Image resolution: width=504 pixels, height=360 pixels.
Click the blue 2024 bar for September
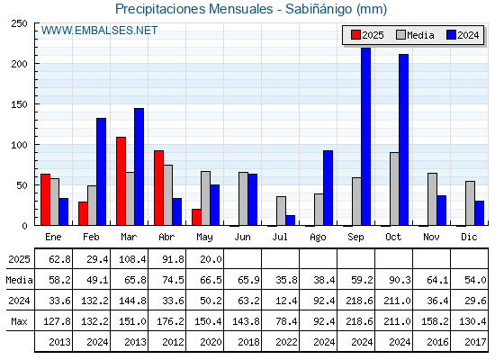coord(365,137)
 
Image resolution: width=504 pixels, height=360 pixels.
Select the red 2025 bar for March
coord(121,181)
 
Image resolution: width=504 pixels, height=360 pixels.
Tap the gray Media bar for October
coord(394,189)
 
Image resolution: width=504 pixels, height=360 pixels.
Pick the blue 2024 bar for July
coord(290,220)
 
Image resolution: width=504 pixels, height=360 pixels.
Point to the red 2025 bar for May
coord(196,217)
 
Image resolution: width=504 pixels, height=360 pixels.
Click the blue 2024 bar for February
coord(101,172)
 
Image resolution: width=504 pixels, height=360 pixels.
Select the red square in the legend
coord(355,35)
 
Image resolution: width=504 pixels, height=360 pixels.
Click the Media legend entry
coord(415,35)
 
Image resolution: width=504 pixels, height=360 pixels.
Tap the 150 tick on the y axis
coord(19,104)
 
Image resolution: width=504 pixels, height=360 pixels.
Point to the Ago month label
coord(318,238)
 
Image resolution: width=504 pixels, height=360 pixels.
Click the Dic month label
coord(469,237)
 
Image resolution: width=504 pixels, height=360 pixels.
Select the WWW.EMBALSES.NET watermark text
coord(99,31)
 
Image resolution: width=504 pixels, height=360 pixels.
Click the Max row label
coord(19,321)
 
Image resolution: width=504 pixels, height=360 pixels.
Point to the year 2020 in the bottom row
coord(211,342)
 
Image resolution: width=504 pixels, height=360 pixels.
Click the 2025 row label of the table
coord(19,259)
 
